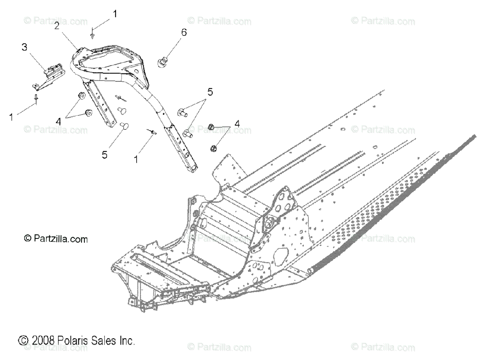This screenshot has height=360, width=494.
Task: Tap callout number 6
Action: click(184, 33)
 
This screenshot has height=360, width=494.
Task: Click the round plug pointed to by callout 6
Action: click(163, 63)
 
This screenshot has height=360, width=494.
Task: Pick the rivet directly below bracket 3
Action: click(37, 98)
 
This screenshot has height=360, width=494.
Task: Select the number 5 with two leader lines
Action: click(210, 92)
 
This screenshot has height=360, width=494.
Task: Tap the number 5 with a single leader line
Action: click(105, 154)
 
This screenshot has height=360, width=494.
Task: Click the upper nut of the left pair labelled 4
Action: click(81, 96)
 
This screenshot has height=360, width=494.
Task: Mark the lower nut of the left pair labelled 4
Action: click(88, 113)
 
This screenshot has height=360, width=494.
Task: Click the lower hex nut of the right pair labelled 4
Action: click(214, 147)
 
